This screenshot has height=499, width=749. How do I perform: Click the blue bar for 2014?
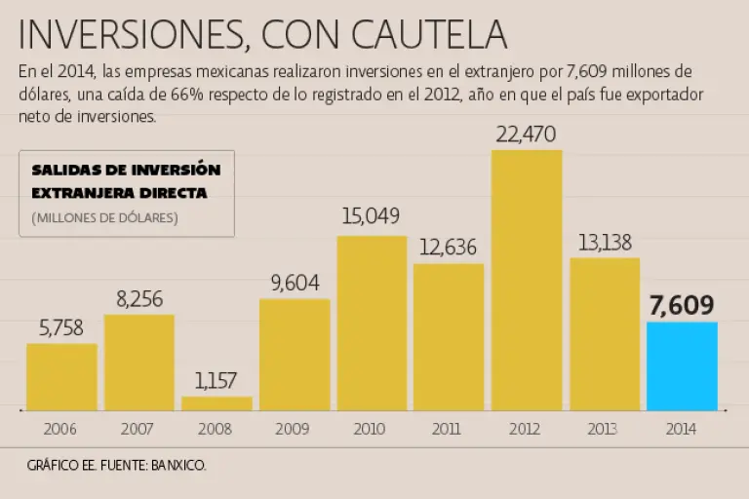[x=682, y=366]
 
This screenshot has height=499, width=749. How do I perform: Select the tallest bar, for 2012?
[x=527, y=281]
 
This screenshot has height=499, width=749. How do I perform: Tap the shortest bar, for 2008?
[x=217, y=403]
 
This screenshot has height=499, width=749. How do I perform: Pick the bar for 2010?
[x=372, y=323]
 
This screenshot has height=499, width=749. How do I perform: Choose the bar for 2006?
[x=61, y=376]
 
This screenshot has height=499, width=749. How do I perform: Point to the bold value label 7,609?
[x=682, y=305]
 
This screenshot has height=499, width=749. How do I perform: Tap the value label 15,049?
[x=371, y=216]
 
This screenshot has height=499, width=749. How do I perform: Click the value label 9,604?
[x=295, y=284]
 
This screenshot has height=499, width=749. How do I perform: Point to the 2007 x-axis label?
[x=138, y=429]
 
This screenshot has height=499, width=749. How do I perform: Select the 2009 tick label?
[x=295, y=429]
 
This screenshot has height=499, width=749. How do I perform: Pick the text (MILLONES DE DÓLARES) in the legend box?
[x=104, y=217]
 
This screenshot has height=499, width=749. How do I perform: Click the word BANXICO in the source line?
[x=177, y=466]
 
